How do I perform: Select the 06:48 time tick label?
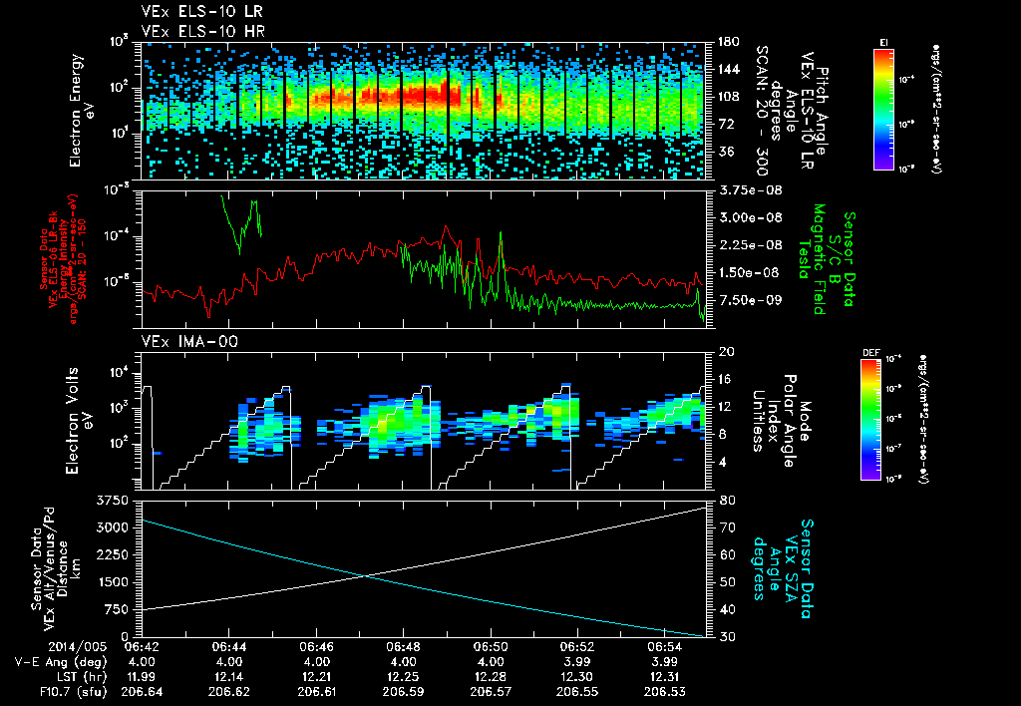point(403,645)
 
